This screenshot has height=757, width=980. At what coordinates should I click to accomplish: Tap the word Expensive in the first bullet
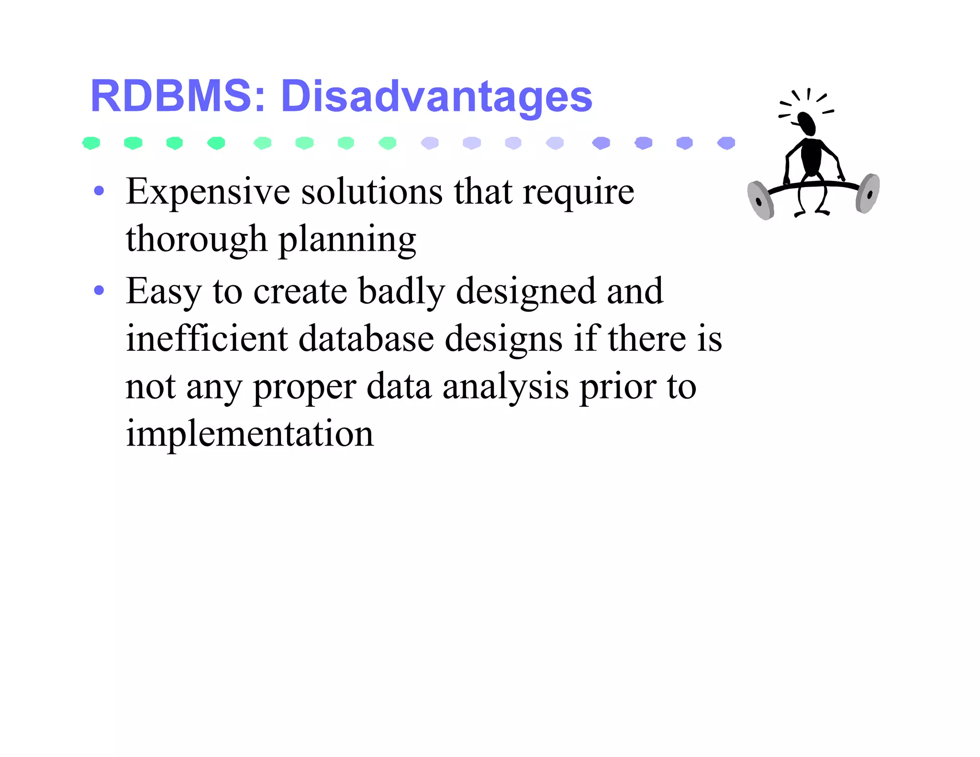point(208,192)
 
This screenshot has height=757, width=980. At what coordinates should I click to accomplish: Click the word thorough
point(196,239)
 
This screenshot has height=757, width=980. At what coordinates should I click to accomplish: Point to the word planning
point(347,240)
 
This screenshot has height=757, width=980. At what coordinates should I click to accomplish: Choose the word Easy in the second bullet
point(163,291)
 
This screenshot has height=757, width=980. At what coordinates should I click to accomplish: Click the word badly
point(401,291)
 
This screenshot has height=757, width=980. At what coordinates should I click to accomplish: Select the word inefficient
point(207,338)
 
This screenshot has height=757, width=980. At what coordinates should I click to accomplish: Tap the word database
point(366,338)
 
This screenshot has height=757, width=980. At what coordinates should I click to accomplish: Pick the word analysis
point(505,387)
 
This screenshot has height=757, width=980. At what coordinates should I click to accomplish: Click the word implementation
point(249,434)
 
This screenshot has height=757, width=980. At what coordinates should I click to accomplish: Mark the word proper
point(304,388)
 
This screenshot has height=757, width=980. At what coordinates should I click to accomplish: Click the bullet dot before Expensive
point(99,191)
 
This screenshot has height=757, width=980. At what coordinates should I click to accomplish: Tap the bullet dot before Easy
point(99,290)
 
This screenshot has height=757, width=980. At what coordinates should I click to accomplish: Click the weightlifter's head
point(807,123)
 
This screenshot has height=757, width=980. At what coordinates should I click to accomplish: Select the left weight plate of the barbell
point(760,200)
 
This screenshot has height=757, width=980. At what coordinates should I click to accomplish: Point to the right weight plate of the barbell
point(868,193)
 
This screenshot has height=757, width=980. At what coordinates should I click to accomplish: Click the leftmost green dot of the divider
point(91,143)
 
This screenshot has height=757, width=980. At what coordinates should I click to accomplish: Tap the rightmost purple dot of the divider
point(726,143)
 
